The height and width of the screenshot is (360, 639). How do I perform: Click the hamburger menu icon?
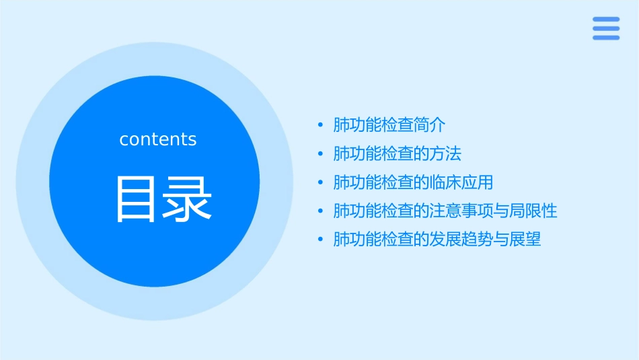pyautogui.click(x=606, y=28)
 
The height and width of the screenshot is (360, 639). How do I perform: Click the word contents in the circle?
pyautogui.click(x=158, y=139)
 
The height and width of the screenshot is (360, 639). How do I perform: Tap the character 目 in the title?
pyautogui.click(x=137, y=199)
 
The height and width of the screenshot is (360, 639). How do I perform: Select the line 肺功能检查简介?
pyautogui.click(x=389, y=125)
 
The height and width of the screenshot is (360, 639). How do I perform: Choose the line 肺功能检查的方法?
pyautogui.click(x=398, y=153)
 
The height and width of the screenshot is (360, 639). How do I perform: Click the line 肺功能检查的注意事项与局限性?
pyautogui.click(x=445, y=211)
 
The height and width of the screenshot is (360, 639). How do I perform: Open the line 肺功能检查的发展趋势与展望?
pyautogui.click(x=437, y=240)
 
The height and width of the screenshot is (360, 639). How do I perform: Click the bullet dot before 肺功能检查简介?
pyautogui.click(x=321, y=125)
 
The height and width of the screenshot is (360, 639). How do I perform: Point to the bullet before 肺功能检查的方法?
pyautogui.click(x=321, y=154)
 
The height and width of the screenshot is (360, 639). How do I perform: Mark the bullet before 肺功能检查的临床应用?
pyautogui.click(x=321, y=182)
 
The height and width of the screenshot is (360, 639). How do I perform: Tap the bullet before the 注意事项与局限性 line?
pyautogui.click(x=321, y=211)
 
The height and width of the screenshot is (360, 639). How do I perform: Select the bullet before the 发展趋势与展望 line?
pyautogui.click(x=321, y=240)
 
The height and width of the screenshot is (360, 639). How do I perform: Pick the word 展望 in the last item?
pyautogui.click(x=526, y=240)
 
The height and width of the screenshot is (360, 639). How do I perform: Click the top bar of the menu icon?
pyautogui.click(x=606, y=20)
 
